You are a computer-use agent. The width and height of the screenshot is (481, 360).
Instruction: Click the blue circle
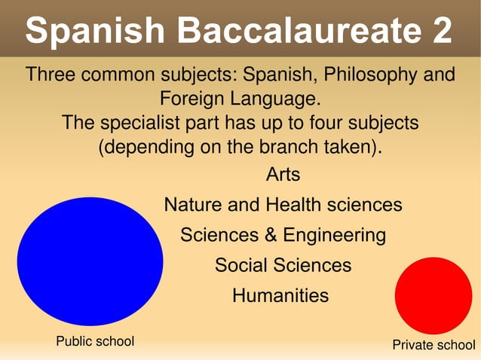click(90, 261)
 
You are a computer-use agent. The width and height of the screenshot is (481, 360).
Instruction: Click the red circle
click(433, 295)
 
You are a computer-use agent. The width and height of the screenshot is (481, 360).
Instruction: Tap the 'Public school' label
click(95, 342)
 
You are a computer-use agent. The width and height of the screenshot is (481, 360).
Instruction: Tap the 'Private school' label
click(434, 346)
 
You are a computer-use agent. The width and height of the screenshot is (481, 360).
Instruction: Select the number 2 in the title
click(439, 31)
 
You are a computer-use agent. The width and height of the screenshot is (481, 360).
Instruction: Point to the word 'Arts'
click(283, 175)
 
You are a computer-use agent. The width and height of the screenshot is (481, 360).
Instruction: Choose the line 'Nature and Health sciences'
click(283, 205)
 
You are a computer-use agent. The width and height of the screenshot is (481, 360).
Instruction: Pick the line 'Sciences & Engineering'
click(283, 235)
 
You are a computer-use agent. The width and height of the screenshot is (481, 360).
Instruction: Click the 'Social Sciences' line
click(283, 265)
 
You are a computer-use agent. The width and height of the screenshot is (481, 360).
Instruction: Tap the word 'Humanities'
click(280, 295)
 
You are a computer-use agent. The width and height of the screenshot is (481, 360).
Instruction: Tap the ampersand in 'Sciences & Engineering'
click(271, 235)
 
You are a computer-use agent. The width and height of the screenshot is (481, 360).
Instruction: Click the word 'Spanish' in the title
click(95, 31)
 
